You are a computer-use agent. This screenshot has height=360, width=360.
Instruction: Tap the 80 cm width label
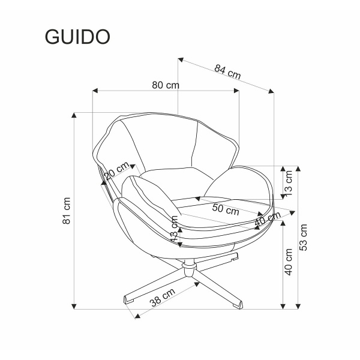166,85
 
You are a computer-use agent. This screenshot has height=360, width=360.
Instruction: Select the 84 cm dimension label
227,71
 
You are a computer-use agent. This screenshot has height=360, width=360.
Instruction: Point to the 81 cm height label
68,209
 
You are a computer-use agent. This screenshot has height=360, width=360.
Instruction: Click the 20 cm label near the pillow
117,171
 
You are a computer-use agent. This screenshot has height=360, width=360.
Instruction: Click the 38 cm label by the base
162,298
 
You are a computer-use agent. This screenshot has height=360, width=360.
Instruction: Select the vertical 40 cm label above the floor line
289,262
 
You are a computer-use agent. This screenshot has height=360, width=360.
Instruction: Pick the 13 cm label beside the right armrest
289,182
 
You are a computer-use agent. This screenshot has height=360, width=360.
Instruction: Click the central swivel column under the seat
188,263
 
